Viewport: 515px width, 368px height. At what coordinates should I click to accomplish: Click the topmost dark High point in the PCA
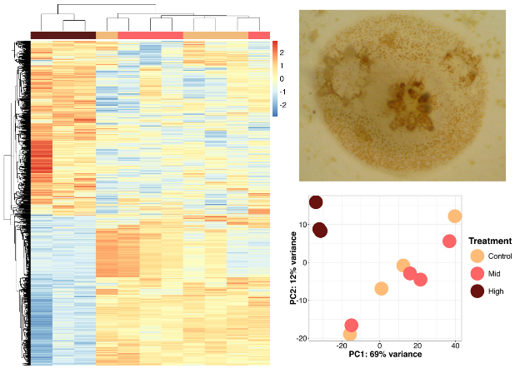click(316, 202)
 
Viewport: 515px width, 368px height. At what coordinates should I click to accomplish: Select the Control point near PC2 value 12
click(455, 216)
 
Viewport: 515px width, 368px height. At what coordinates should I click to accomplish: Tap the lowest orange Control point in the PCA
click(350, 334)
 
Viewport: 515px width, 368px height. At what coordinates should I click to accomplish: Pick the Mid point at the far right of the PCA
click(449, 241)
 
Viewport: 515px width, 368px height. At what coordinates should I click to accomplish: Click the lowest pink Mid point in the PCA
click(352, 326)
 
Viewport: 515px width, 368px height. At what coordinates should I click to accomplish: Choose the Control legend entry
click(477, 256)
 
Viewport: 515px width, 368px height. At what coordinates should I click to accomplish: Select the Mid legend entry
click(477, 274)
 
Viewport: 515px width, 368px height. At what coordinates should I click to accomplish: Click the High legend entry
click(477, 291)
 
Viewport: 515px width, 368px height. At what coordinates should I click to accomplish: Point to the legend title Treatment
click(490, 241)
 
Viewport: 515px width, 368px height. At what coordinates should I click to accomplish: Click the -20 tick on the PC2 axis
click(302, 338)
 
